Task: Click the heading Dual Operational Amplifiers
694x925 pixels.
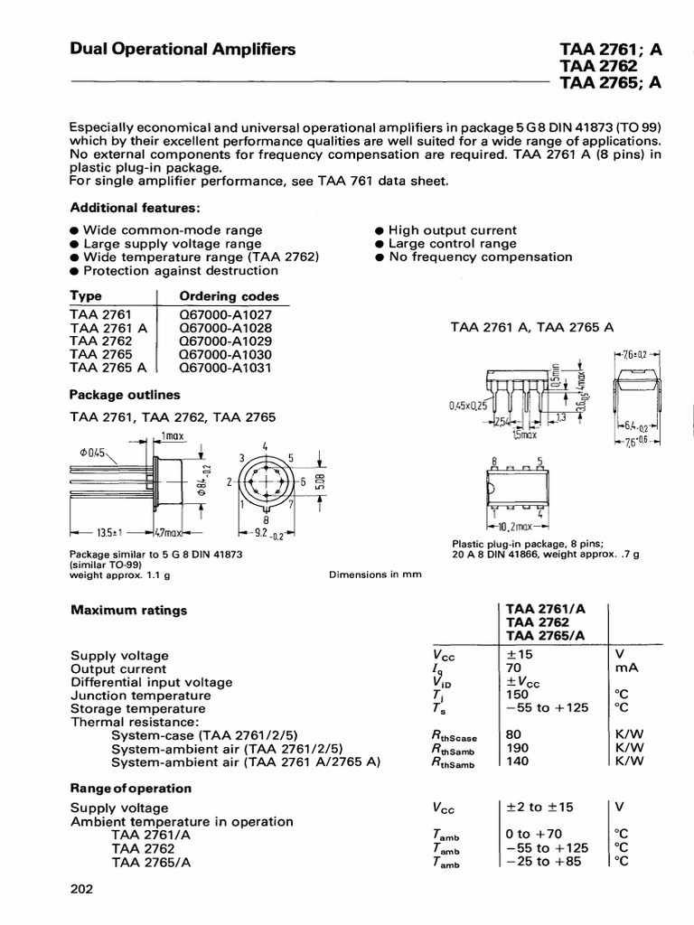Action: click(x=183, y=51)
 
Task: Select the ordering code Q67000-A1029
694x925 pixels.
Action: click(x=225, y=341)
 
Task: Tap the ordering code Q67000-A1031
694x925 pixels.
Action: click(x=225, y=368)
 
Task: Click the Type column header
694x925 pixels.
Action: click(x=87, y=296)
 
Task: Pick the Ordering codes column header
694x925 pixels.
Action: click(x=230, y=296)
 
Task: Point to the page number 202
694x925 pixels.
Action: click(x=82, y=890)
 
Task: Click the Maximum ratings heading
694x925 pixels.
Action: click(x=129, y=610)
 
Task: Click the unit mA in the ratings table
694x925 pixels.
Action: click(x=625, y=668)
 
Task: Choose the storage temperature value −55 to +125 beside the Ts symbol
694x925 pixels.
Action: click(x=548, y=709)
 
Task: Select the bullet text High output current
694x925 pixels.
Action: click(x=452, y=230)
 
